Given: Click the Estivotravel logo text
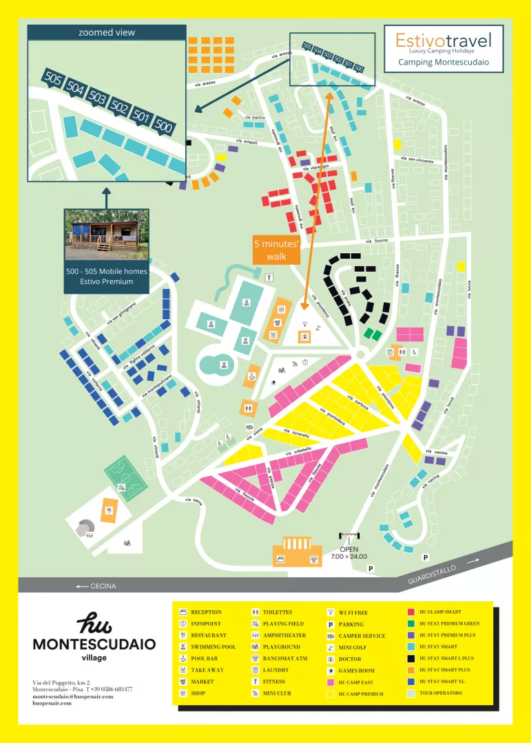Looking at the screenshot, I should tap(444, 40).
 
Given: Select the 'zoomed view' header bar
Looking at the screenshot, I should tap(107, 32).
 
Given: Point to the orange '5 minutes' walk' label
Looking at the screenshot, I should tap(275, 250).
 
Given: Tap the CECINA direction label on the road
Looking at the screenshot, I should tap(96, 585).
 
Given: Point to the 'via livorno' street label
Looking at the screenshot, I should tap(377, 241).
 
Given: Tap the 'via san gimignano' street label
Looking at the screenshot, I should tap(121, 314).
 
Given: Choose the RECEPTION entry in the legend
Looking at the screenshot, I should tap(206, 612).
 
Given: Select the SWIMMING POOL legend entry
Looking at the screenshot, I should tap(213, 647).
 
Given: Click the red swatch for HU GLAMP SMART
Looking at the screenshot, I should tap(410, 612).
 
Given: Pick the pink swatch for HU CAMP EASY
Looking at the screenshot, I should tap(331, 682).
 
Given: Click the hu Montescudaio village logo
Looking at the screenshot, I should tap(94, 637).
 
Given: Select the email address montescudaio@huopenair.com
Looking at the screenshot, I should tap(72, 696).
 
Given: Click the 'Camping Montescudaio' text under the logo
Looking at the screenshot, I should tap(444, 61).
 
